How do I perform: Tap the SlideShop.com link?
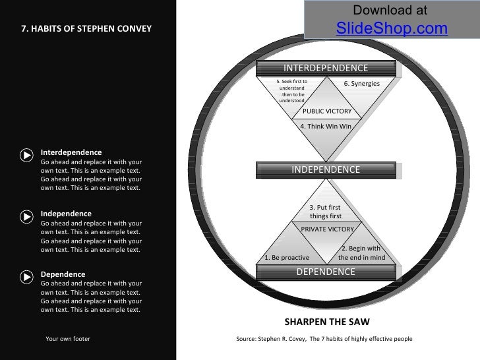pos(392,29)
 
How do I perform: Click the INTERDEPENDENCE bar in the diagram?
pos(326,69)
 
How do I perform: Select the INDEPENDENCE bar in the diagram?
pos(326,169)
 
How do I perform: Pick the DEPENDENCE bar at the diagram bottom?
pos(326,272)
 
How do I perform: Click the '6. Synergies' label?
pos(362,84)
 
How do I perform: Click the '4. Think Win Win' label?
pos(326,125)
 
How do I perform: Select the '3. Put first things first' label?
pos(326,212)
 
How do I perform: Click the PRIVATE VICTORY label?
pos(327,229)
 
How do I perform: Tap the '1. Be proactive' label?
pos(286,257)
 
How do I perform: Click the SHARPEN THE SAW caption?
pos(327,322)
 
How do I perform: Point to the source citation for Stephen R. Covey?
pos(324,339)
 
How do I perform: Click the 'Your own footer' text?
pos(68,339)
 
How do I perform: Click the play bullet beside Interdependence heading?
pos(26,155)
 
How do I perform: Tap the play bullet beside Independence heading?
pos(26,216)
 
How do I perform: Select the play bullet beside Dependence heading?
pos(26,276)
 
